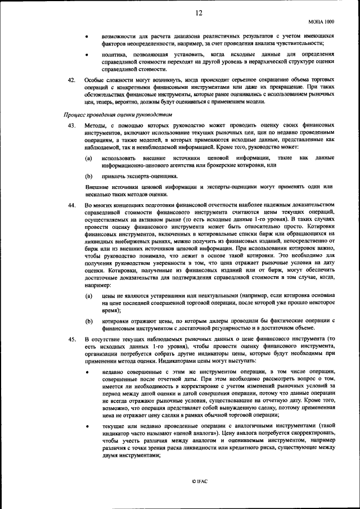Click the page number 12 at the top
coord(199,12)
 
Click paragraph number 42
coord(71,80)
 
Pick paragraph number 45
coord(71,339)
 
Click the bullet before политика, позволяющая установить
coord(87,55)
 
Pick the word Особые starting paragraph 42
coord(95,80)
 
